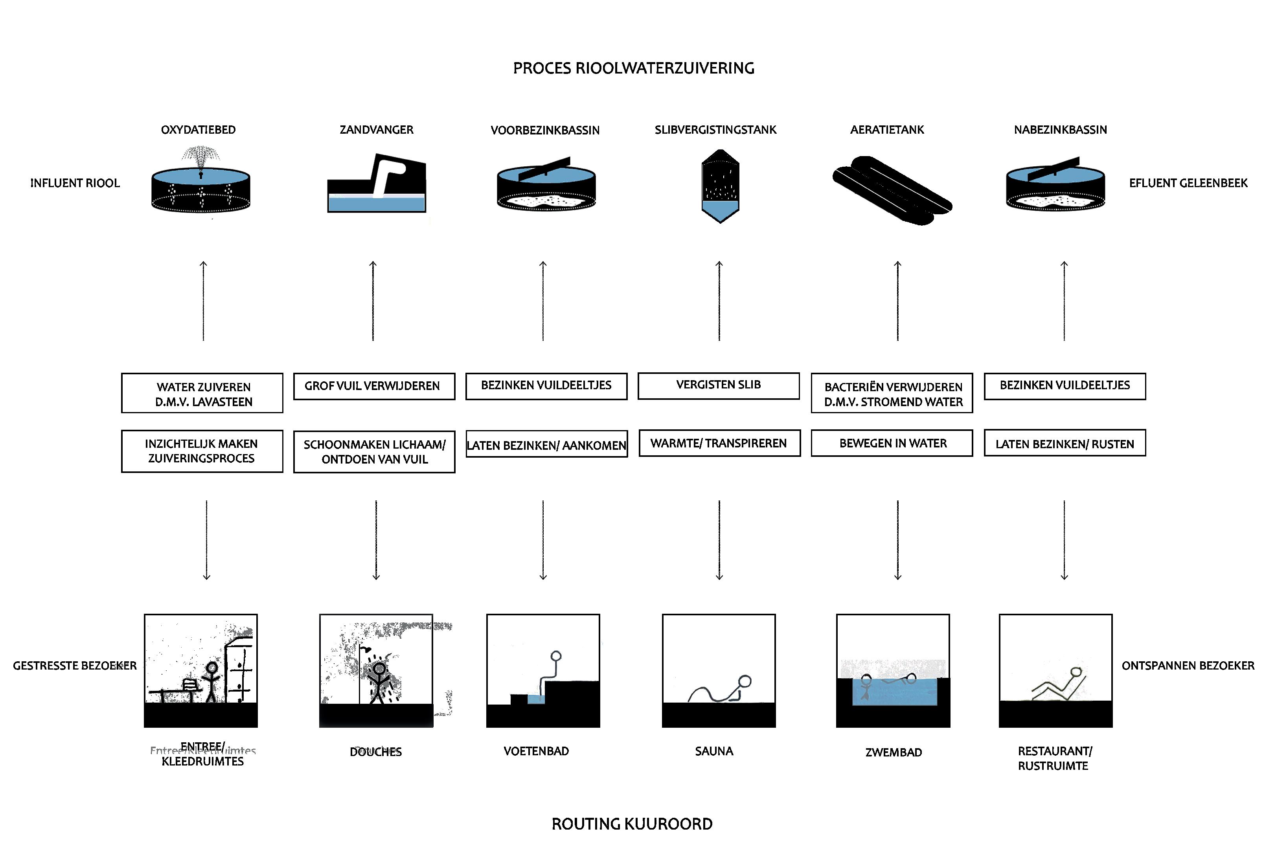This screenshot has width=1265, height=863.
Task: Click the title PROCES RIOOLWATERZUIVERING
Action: click(x=634, y=68)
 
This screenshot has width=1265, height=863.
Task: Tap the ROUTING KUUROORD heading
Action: click(x=632, y=824)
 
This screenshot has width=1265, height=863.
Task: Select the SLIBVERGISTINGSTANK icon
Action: click(x=720, y=186)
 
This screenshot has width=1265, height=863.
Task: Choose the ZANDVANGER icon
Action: click(x=377, y=184)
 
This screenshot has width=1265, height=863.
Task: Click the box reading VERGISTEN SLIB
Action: click(x=719, y=385)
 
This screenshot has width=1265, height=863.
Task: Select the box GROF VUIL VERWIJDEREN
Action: click(x=374, y=386)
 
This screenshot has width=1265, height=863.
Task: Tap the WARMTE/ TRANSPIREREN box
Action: click(x=719, y=443)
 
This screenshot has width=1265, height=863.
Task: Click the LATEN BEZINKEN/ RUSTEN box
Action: click(x=1064, y=443)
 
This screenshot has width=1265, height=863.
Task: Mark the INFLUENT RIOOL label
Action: click(x=75, y=183)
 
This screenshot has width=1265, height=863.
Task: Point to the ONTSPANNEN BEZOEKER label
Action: click(x=1188, y=665)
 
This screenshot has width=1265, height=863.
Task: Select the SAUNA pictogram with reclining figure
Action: click(x=719, y=671)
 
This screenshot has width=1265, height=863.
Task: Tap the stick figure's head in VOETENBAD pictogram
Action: click(x=556, y=656)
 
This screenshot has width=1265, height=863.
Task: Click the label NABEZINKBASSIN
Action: click(x=1060, y=130)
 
